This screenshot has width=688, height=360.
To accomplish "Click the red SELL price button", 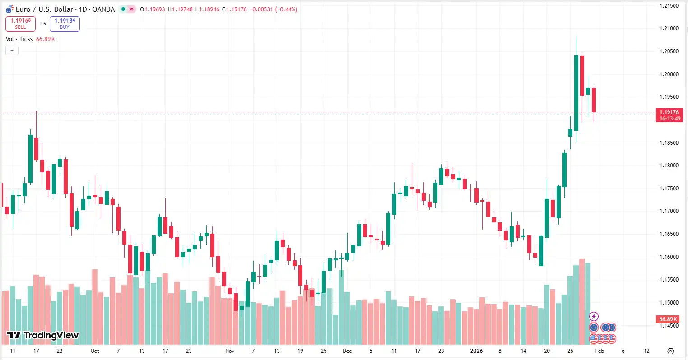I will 20,23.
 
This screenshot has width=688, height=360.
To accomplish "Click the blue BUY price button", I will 65,23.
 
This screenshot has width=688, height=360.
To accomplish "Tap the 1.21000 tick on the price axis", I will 669,28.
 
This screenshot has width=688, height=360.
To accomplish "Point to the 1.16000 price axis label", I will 669,257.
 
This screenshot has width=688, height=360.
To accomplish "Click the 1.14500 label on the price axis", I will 669,325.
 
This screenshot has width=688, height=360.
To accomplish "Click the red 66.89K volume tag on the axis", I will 669,319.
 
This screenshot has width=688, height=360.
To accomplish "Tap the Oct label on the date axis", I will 94,351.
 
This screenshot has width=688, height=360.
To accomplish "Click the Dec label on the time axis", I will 347,351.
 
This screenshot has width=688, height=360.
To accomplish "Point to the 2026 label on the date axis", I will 476,351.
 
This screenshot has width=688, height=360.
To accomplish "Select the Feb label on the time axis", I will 599,351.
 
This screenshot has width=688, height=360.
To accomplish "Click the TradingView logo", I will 43,335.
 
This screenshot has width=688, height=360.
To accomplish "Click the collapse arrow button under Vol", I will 12,51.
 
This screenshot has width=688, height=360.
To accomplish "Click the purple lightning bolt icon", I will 594,316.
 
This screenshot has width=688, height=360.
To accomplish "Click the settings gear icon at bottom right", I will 670,351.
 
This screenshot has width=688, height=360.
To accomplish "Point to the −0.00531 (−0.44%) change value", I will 273,9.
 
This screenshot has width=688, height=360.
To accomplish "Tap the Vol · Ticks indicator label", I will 19,39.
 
